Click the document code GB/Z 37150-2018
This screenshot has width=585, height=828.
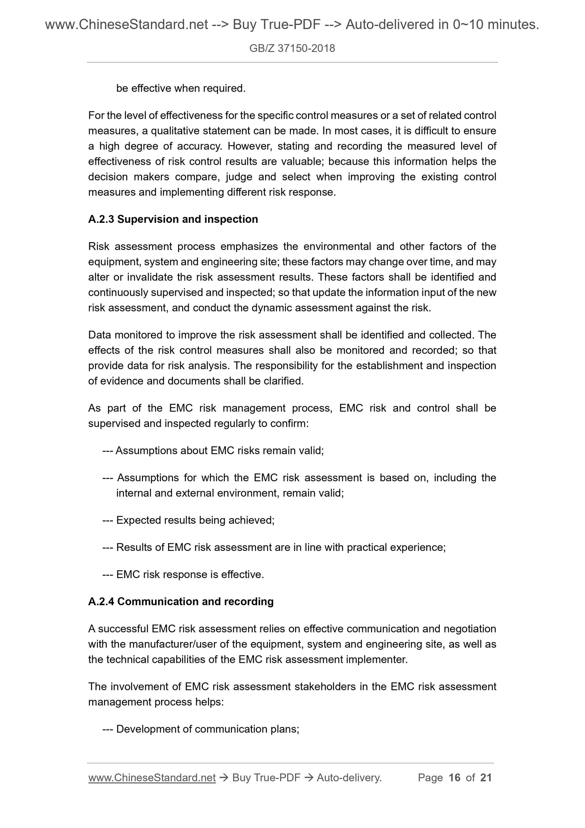(292, 49)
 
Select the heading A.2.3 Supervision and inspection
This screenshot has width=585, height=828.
(173, 219)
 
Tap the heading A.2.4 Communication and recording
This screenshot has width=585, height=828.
(181, 602)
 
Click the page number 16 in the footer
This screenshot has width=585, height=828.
(455, 777)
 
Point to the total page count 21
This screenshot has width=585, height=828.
(486, 777)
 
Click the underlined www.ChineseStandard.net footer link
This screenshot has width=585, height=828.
(152, 777)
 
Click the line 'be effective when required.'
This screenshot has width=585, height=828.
(181, 88)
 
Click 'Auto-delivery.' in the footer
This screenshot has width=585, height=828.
(349, 777)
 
